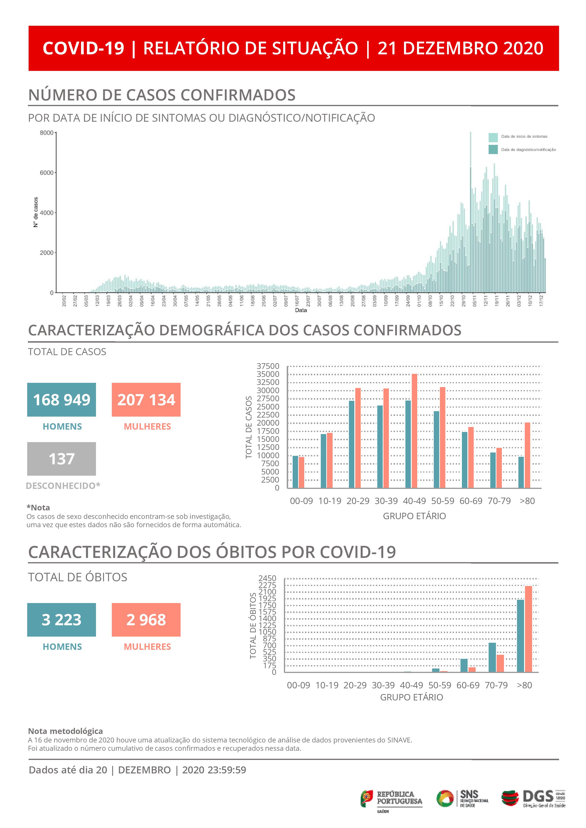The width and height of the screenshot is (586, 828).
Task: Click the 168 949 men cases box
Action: pos(61,400)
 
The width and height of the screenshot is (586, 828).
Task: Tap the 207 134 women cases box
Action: pos(146,400)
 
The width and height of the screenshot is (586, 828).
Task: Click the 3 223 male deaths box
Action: pos(61,620)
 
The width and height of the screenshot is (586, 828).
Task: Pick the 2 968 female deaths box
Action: pos(146,620)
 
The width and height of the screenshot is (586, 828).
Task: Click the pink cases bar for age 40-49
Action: pos(415,431)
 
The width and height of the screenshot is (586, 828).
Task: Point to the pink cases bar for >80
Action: pos(528,455)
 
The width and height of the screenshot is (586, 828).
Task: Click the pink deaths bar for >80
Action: pos(528,629)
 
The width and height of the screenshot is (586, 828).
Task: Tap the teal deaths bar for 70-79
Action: pos(492,657)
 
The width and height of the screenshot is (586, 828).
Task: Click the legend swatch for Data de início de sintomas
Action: pos(493,137)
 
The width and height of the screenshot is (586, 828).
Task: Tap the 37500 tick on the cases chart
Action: pos(268,366)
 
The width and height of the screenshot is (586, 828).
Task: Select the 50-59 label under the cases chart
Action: pos(443,501)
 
